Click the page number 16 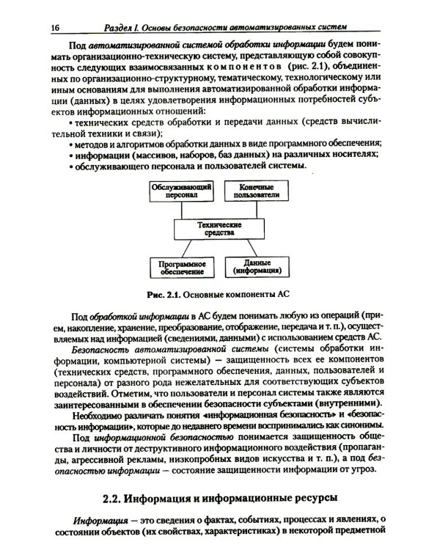(x=54, y=27)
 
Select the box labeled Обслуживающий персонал (x=182, y=193)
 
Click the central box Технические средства (x=217, y=229)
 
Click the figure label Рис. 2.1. (x=164, y=297)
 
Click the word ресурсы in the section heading (x=307, y=499)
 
